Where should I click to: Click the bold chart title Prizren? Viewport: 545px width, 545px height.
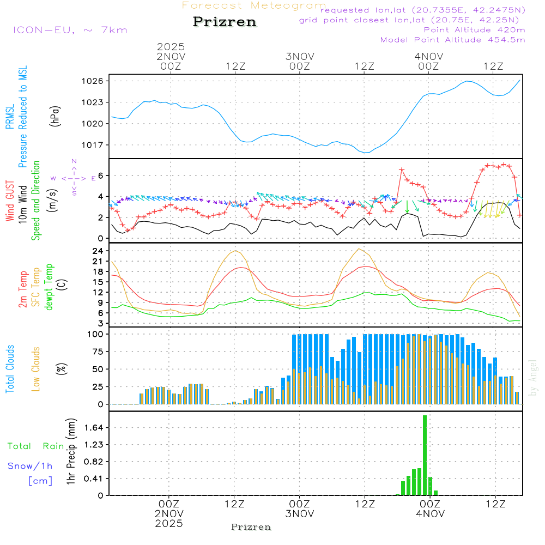pos(225,22)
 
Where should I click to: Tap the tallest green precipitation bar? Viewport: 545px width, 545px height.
pos(425,455)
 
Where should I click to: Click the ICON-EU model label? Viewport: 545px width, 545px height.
pos(70,30)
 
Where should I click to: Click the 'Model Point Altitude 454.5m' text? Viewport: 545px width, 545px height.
pos(452,40)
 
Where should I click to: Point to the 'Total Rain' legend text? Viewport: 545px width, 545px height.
pos(35,446)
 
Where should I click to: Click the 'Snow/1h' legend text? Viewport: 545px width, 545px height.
pos(30,466)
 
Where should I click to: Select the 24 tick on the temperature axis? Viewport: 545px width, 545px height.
pos(98,251)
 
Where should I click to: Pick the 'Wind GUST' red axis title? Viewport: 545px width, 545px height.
pos(10,202)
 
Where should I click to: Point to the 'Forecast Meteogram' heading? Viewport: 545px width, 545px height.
pos(254,5)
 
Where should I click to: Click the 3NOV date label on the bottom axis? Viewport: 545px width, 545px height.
pos(300,514)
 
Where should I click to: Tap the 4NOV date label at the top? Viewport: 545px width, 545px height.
pos(428,56)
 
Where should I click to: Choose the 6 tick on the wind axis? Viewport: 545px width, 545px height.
pos(100,175)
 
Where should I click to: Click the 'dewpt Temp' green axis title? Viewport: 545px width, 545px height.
pos(49,287)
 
